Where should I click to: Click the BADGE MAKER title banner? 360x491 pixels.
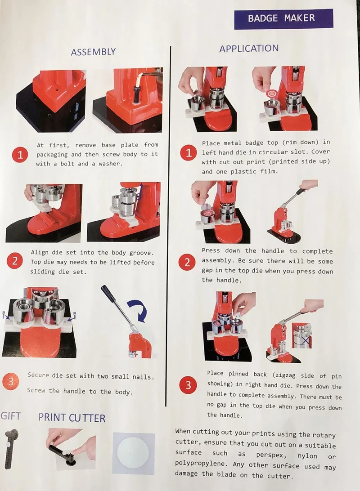(x=283, y=19)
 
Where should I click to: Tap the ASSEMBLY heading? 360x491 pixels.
(x=93, y=52)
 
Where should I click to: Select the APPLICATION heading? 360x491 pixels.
(x=249, y=49)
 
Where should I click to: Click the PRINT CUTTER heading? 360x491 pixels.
(x=72, y=418)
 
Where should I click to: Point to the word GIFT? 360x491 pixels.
(x=11, y=416)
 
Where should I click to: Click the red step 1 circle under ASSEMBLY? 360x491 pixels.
(x=20, y=155)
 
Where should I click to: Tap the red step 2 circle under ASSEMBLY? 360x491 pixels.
(x=14, y=261)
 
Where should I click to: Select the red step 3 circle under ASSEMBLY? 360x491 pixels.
(x=11, y=382)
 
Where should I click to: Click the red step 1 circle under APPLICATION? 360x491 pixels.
(x=189, y=153)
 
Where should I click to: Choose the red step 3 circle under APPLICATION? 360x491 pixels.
(x=188, y=385)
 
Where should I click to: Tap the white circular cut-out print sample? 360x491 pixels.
(x=134, y=453)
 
